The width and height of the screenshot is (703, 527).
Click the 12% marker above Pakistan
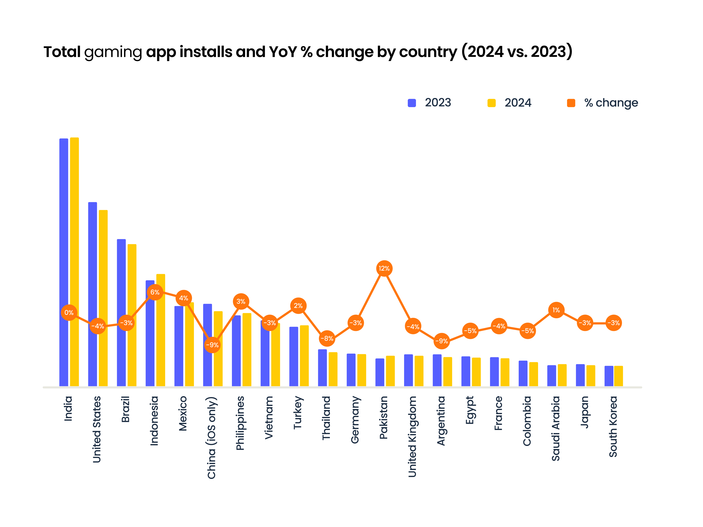384,269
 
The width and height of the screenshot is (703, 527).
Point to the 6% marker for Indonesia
155,292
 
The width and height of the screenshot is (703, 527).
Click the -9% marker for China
212,345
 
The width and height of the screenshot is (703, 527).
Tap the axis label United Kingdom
412,437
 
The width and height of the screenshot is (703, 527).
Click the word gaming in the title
113,52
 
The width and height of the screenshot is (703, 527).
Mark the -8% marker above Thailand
327,339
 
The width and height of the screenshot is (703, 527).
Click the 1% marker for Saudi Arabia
556,310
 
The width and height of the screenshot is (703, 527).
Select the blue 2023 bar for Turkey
294,356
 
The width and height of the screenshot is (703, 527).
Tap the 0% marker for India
69,313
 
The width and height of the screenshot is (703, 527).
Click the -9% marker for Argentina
441,341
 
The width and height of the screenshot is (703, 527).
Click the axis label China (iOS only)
212,437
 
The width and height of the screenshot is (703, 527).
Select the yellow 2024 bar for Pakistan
390,371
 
